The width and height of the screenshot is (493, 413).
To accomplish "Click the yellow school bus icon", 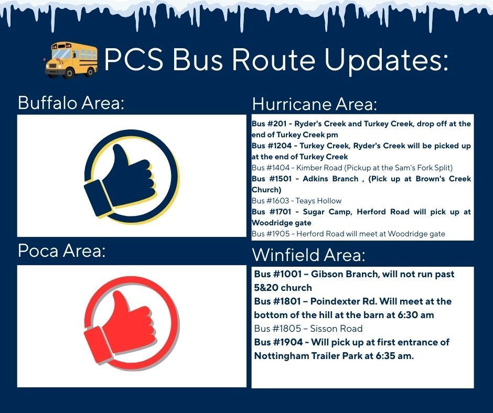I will [71, 60].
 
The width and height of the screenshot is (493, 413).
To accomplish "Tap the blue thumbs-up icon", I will [131, 176].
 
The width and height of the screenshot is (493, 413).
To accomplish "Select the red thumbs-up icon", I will [131, 326].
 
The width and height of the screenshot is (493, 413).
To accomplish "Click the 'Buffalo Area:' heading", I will [71, 103].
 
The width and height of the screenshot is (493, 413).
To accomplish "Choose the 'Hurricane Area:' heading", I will [314, 104].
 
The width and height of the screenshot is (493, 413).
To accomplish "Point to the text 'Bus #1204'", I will [269, 146].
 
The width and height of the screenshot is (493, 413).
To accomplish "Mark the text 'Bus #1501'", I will [269, 179].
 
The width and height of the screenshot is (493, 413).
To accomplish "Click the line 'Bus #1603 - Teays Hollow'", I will [296, 201].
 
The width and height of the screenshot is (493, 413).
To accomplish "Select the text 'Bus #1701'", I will [269, 212].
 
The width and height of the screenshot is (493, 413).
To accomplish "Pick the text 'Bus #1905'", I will [269, 234].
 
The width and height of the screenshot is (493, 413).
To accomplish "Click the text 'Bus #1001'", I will [276, 274].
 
